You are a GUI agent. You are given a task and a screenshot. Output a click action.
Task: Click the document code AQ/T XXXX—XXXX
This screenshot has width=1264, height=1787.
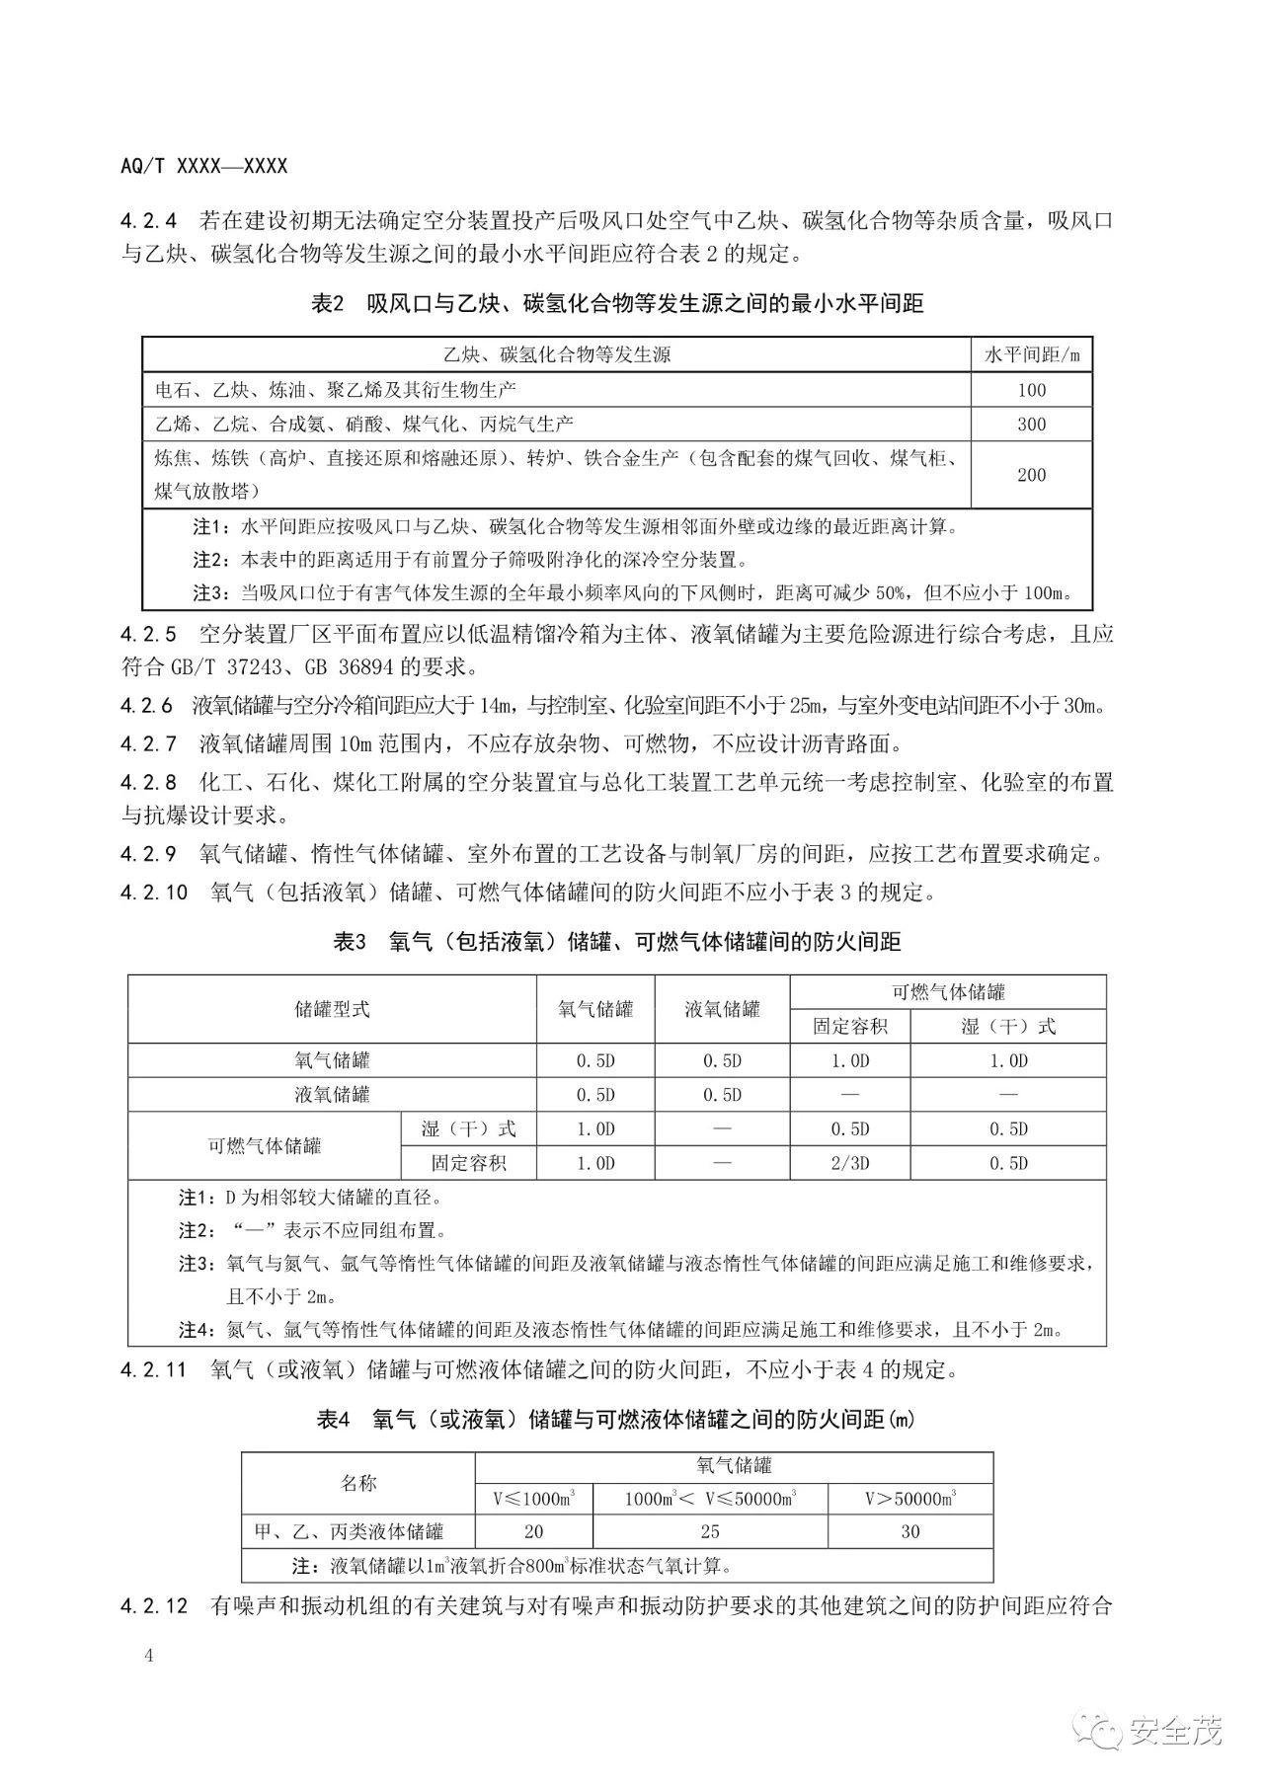pos(203,166)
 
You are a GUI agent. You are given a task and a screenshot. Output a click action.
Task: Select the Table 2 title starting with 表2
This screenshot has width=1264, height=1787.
pos(617,304)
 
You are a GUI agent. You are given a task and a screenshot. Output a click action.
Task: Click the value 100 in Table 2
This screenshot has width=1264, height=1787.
pos(1031,390)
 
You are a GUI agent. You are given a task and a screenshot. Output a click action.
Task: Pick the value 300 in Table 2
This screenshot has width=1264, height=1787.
pos(1031,425)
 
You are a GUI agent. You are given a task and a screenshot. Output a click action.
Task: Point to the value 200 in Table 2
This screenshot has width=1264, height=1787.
pos(1031,475)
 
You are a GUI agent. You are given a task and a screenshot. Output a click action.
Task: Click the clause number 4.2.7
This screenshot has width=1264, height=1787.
pos(150,742)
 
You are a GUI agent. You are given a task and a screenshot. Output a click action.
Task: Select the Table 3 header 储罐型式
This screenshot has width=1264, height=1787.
pos(333,1009)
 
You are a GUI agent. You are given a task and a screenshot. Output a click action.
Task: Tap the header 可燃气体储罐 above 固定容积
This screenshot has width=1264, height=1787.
pos(948,992)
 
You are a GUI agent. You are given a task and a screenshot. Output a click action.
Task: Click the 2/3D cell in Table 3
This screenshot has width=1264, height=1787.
pos(849,1163)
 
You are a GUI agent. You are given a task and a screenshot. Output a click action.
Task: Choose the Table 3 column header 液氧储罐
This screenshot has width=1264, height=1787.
pos(722,1009)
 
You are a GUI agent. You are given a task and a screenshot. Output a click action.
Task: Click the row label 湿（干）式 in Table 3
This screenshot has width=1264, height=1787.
pos(468,1128)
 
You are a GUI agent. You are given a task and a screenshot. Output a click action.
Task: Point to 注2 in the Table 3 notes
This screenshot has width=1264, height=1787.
pos(195,1231)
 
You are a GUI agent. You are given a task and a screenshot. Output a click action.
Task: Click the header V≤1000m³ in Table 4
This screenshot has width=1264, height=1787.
pos(534,1500)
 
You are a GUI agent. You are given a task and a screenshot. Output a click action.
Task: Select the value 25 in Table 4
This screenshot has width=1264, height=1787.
pos(709,1532)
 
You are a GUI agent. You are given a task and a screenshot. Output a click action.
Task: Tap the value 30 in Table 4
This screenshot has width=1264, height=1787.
pos(909,1532)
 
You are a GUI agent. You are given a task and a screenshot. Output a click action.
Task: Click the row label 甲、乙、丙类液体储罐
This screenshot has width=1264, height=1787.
pos(349,1532)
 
